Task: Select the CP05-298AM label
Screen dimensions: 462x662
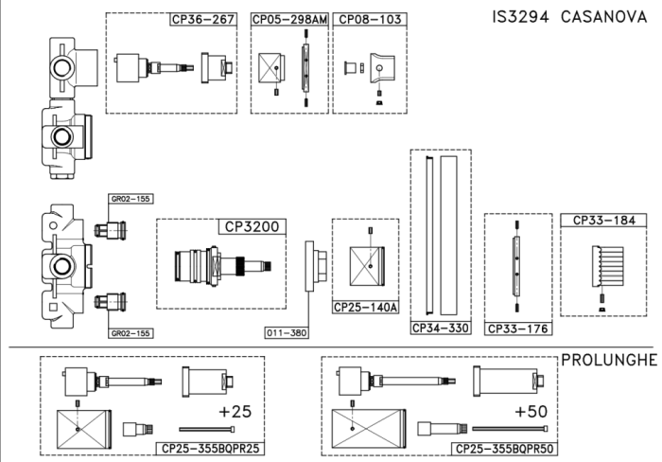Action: [x=290, y=19]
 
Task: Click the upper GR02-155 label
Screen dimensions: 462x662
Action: [x=131, y=200]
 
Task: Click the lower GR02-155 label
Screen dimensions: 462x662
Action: [x=131, y=333]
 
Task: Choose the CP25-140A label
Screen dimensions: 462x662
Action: [x=366, y=308]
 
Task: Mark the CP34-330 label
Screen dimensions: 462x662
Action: [x=440, y=329]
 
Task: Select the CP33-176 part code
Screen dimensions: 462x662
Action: [x=517, y=329]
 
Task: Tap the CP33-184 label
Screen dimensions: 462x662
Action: [x=603, y=221]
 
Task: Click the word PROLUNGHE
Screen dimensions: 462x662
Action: [x=609, y=361]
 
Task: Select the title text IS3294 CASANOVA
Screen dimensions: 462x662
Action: [x=568, y=18]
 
